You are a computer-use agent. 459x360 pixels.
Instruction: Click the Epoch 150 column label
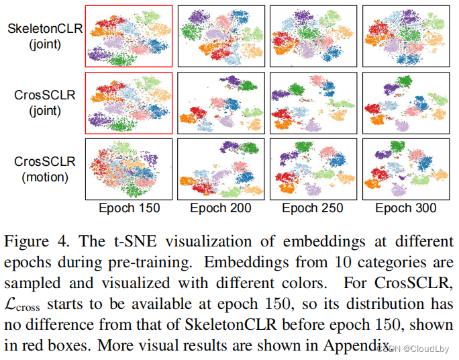129,208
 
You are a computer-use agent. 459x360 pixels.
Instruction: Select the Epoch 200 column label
221,208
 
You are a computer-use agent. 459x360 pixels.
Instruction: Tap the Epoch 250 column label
313,208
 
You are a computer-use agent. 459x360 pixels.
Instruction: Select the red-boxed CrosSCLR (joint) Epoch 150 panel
129,102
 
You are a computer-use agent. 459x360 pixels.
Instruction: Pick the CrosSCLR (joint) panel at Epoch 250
313,102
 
